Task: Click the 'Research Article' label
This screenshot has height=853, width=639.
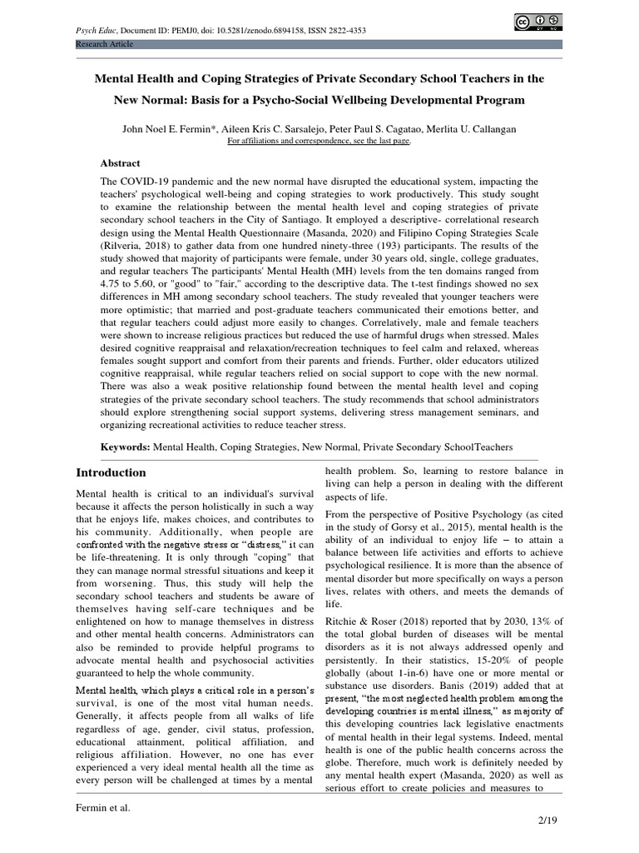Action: tap(103, 43)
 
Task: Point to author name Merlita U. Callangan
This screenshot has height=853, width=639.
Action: tap(471, 130)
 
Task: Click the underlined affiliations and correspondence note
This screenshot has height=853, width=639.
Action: tap(319, 142)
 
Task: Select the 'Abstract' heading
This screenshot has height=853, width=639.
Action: tap(121, 163)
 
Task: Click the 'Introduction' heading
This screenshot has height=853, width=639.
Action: tap(111, 472)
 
